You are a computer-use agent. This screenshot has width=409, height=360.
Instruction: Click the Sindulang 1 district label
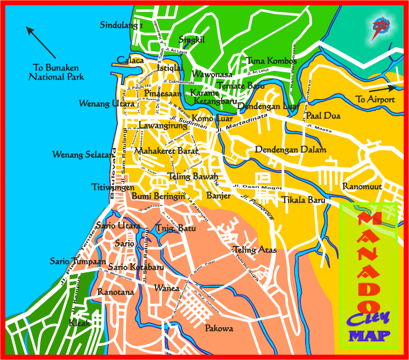click(121, 25)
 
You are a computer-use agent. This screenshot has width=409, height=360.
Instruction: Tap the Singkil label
click(192, 39)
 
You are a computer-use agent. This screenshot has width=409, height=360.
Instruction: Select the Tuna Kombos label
click(268, 60)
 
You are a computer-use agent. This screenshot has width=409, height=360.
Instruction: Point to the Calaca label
click(130, 60)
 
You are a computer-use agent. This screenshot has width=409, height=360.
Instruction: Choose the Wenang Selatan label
click(83, 155)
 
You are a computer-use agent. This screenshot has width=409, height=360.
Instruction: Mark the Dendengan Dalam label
click(291, 150)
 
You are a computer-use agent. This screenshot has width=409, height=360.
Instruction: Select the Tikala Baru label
click(304, 200)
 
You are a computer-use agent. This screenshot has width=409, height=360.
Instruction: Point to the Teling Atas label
click(255, 250)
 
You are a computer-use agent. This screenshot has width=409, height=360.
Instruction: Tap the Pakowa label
click(219, 328)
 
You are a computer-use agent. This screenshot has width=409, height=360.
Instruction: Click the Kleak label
click(80, 323)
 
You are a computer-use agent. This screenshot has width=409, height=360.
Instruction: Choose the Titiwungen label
click(110, 187)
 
